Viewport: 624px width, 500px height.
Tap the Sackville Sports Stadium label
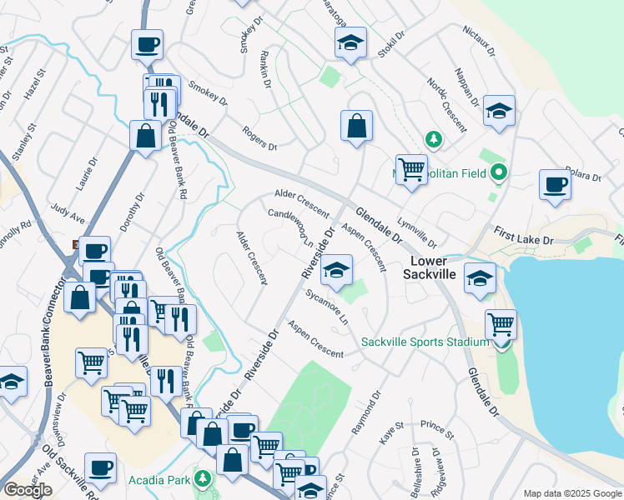point(425,342)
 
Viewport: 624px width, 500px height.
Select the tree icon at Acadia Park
point(203,479)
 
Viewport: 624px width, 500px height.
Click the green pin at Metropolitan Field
point(500,173)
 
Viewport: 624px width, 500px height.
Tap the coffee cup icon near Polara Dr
point(555,185)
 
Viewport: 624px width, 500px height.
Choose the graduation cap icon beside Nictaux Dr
point(499,111)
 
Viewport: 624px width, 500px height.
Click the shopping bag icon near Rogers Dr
point(356,127)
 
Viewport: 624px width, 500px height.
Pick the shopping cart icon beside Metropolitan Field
point(411,169)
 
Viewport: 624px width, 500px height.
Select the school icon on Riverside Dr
point(337,270)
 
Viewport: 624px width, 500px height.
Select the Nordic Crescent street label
point(447,109)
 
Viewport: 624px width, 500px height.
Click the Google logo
point(28,490)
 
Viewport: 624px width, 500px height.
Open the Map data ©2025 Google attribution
point(571,493)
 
